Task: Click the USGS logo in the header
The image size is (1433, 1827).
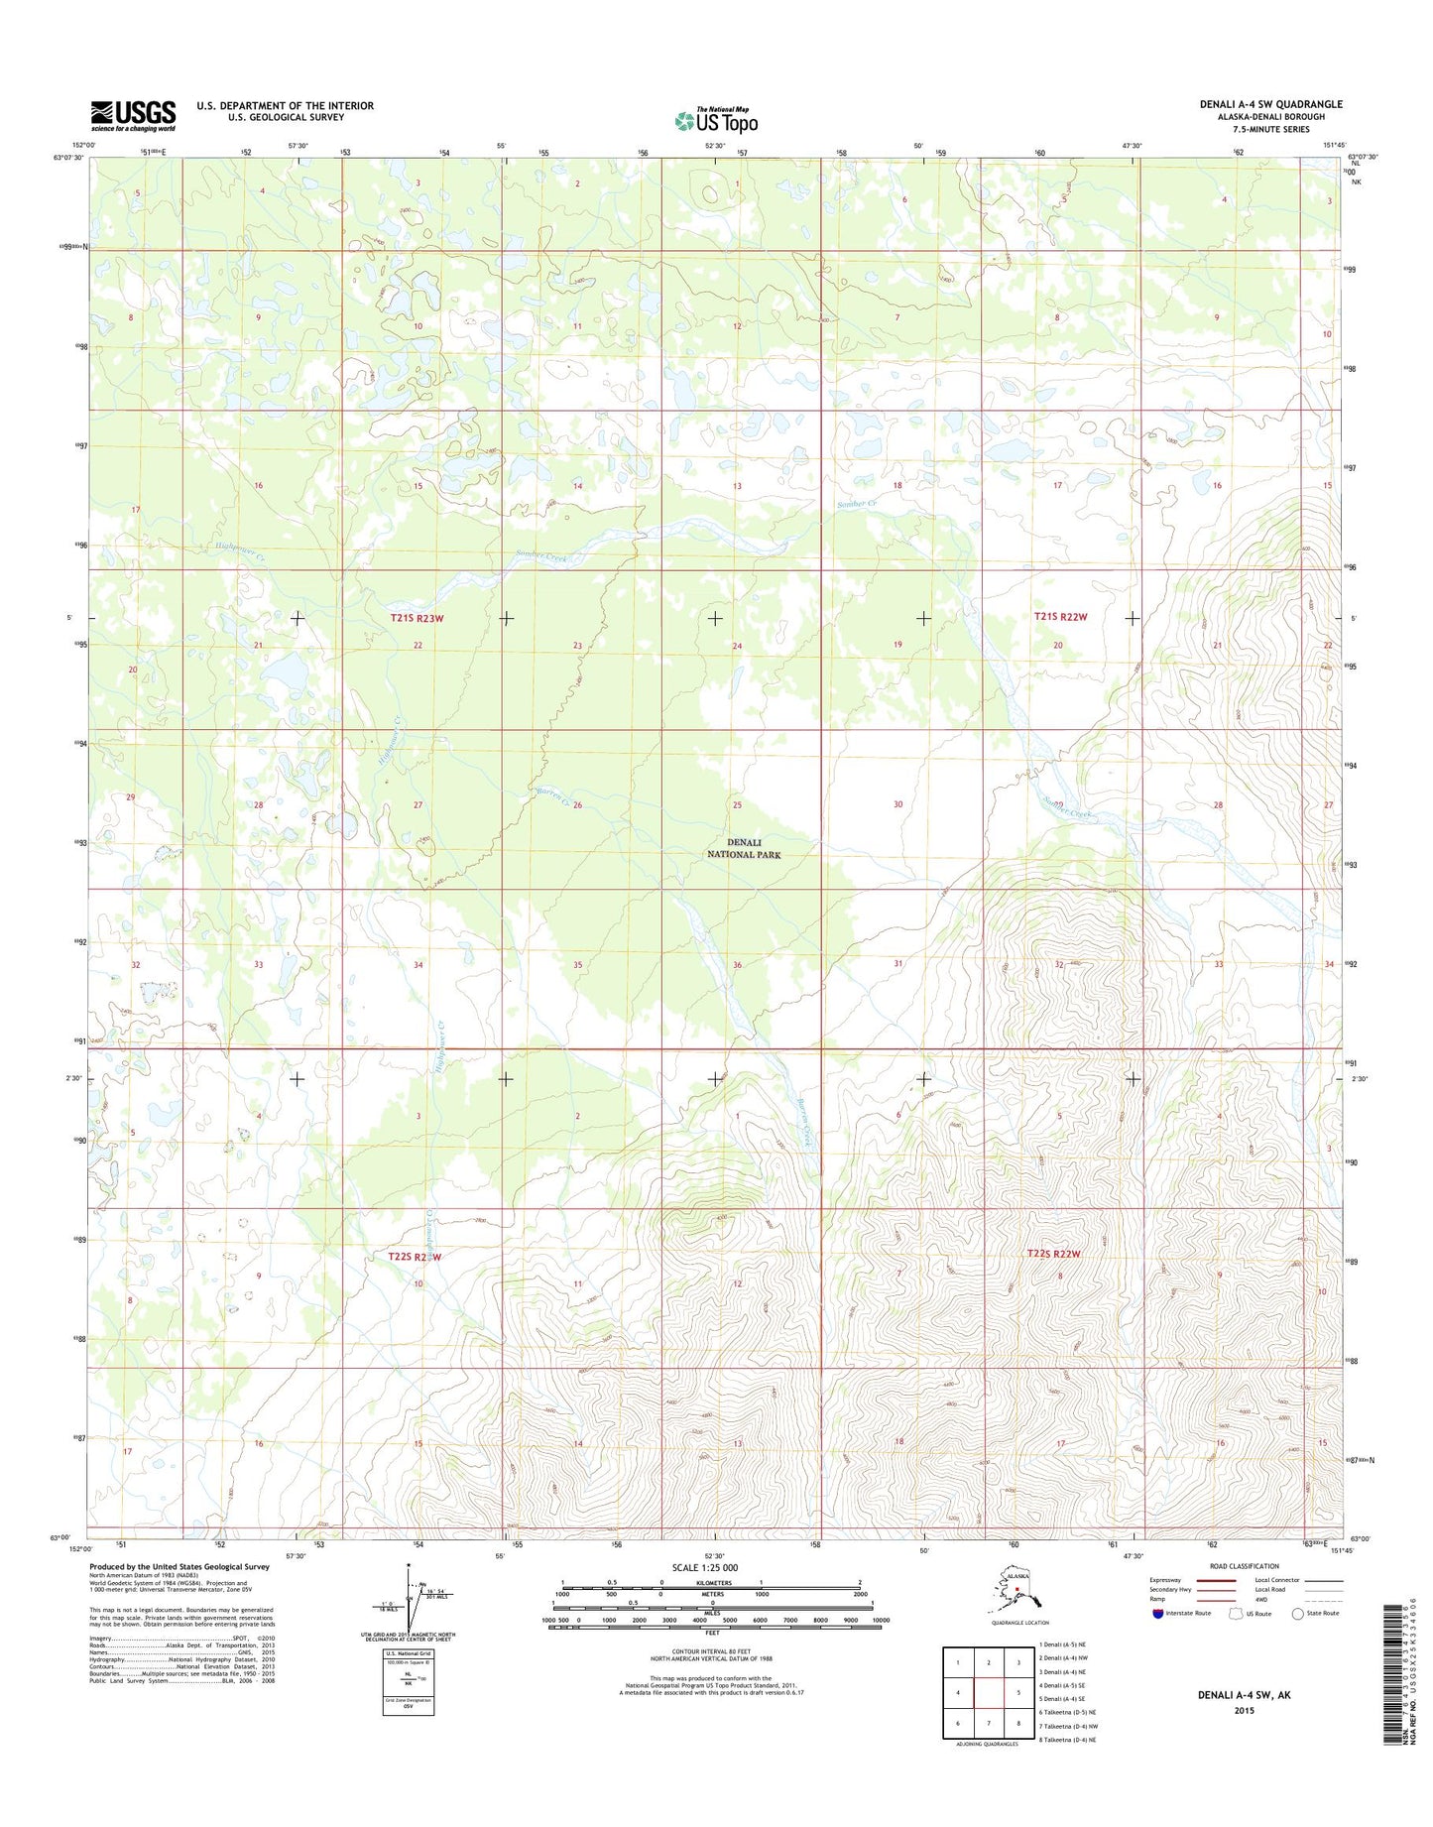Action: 133,115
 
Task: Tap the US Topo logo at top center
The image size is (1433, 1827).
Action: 716,121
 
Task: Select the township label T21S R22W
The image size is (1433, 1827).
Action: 1060,617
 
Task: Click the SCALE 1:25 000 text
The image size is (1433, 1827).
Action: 716,1568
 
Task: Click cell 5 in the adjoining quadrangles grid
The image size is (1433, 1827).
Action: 1018,1693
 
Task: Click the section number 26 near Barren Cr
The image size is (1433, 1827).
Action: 577,805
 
